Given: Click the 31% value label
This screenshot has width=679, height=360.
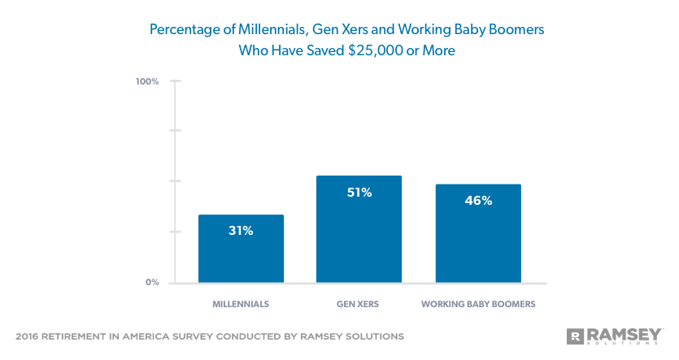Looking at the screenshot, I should pyautogui.click(x=241, y=231).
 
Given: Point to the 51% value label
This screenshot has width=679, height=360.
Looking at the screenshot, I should pyautogui.click(x=359, y=193).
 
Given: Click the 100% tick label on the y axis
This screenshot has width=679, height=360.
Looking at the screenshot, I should pyautogui.click(x=147, y=82).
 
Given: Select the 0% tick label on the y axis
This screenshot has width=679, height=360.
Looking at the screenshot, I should pyautogui.click(x=152, y=283).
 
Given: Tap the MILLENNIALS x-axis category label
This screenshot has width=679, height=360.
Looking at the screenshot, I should pyautogui.click(x=241, y=305).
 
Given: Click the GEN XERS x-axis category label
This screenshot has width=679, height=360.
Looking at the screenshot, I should pyautogui.click(x=359, y=305).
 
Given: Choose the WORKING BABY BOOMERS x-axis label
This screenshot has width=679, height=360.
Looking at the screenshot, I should pyautogui.click(x=478, y=305).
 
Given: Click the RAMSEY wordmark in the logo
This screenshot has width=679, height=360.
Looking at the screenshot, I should pyautogui.click(x=625, y=333).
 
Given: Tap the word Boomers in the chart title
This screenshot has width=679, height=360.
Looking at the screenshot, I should pyautogui.click(x=515, y=30).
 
